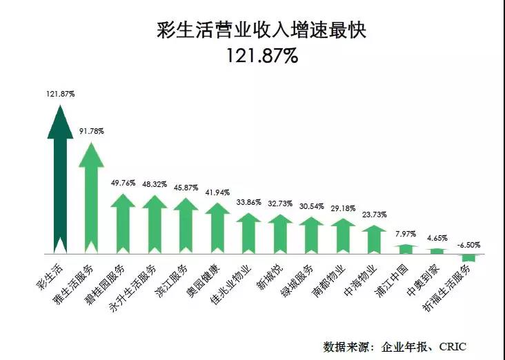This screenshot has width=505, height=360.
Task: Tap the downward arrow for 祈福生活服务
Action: pos(468,257)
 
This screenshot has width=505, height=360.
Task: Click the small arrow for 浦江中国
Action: pos(405,248)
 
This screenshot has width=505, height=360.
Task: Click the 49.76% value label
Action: pos(123,183)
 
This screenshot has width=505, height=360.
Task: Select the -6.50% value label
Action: pos(468,244)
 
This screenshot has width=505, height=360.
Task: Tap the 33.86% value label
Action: pos(248,203)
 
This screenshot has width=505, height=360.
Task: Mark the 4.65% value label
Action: pos(437,238)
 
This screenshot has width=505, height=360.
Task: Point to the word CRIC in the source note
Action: pos(454,346)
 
